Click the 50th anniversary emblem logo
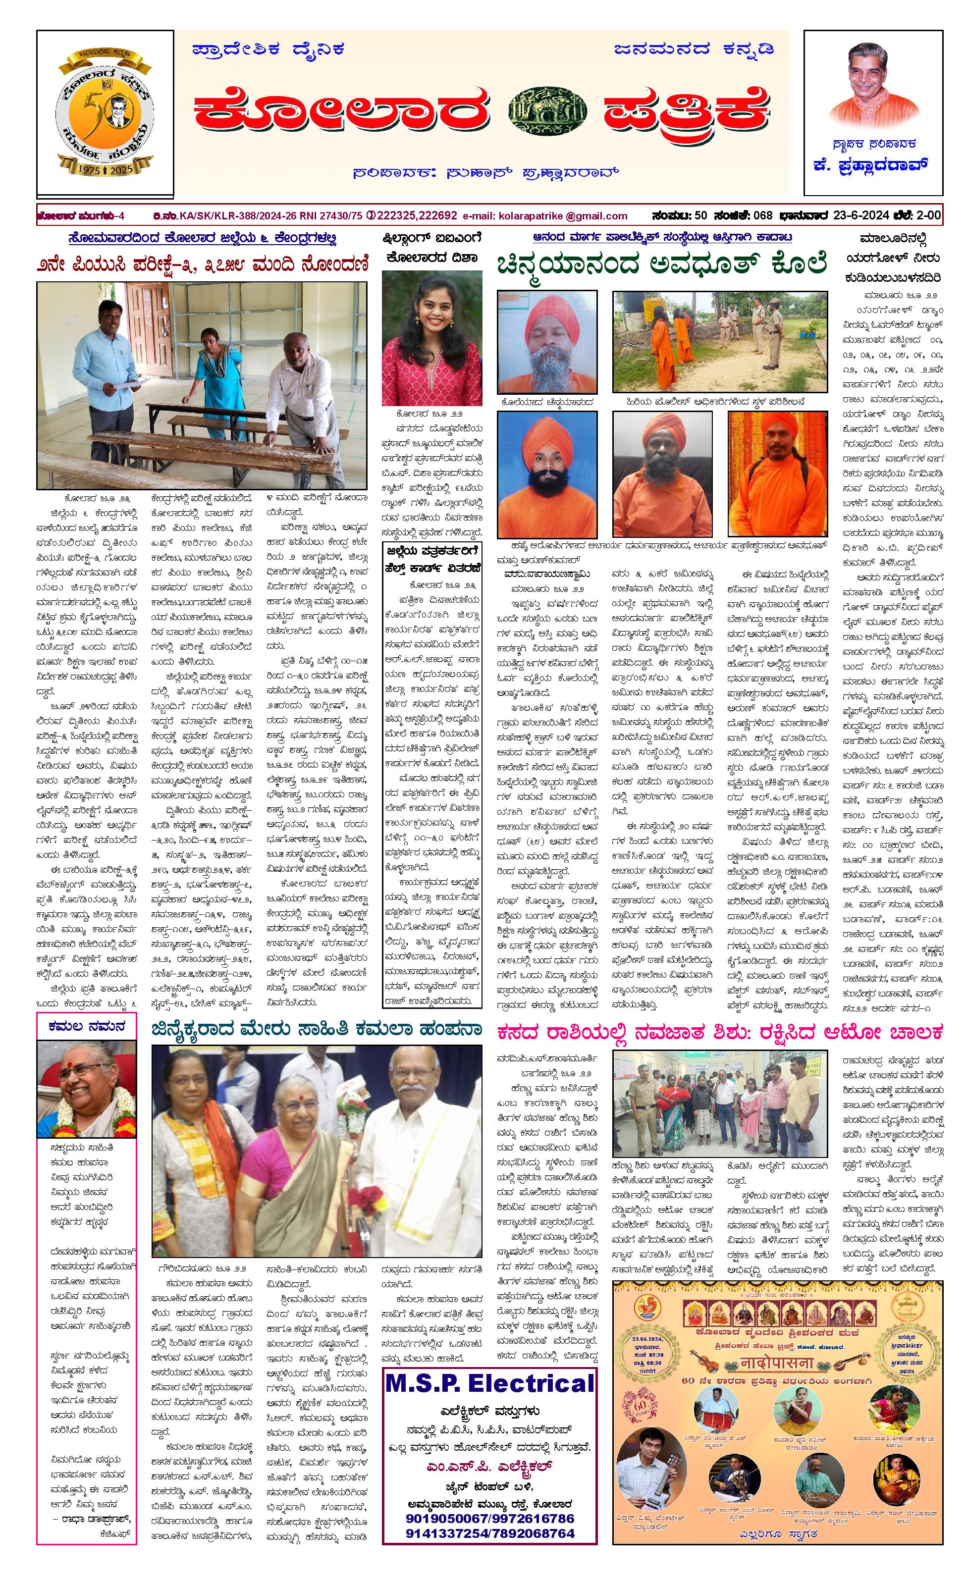105,113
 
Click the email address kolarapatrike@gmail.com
545,216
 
